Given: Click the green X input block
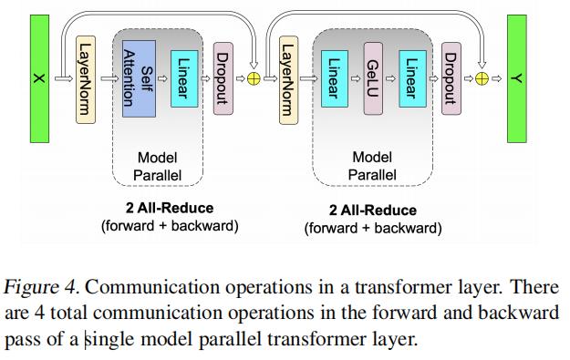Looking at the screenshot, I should [39, 79].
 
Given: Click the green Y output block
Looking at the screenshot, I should [516, 79].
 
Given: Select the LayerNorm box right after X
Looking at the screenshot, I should [86, 79].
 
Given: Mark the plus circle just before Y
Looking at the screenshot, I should [482, 79].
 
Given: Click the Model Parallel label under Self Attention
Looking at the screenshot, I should [157, 166].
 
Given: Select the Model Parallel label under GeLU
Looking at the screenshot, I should [372, 166].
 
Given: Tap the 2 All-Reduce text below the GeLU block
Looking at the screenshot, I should [372, 211].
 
